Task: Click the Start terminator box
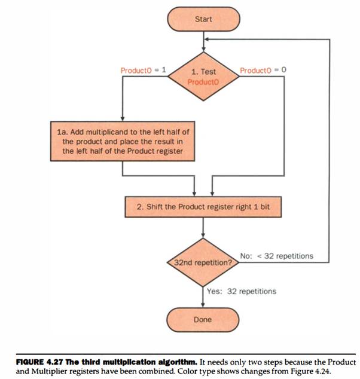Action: coord(203,19)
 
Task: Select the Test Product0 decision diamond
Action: coord(203,76)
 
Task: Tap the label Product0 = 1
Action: coord(139,70)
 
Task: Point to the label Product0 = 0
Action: coord(263,70)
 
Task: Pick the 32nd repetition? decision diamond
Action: coord(203,262)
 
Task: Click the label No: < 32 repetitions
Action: coord(276,256)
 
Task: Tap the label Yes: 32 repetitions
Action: coord(242,291)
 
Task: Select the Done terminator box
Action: coord(203,320)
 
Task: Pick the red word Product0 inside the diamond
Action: coord(203,81)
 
